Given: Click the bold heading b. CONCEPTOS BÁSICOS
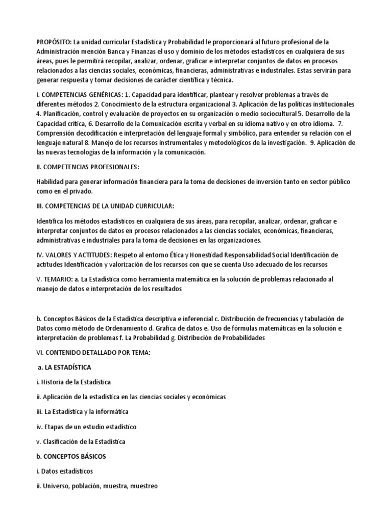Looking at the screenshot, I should coord(71,456).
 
